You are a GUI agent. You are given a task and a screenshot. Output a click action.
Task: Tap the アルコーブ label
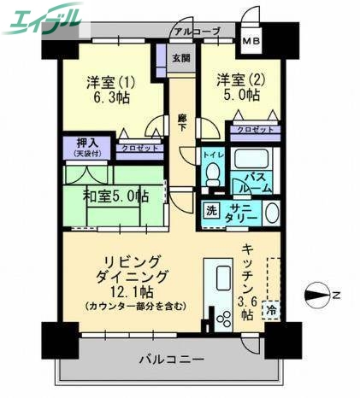(x=196, y=32)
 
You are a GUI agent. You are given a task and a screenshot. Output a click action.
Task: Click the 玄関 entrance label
(x=180, y=59)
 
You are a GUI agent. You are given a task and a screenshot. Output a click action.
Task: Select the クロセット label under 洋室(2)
(x=255, y=129)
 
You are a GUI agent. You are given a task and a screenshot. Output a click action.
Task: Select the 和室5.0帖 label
(x=115, y=196)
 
